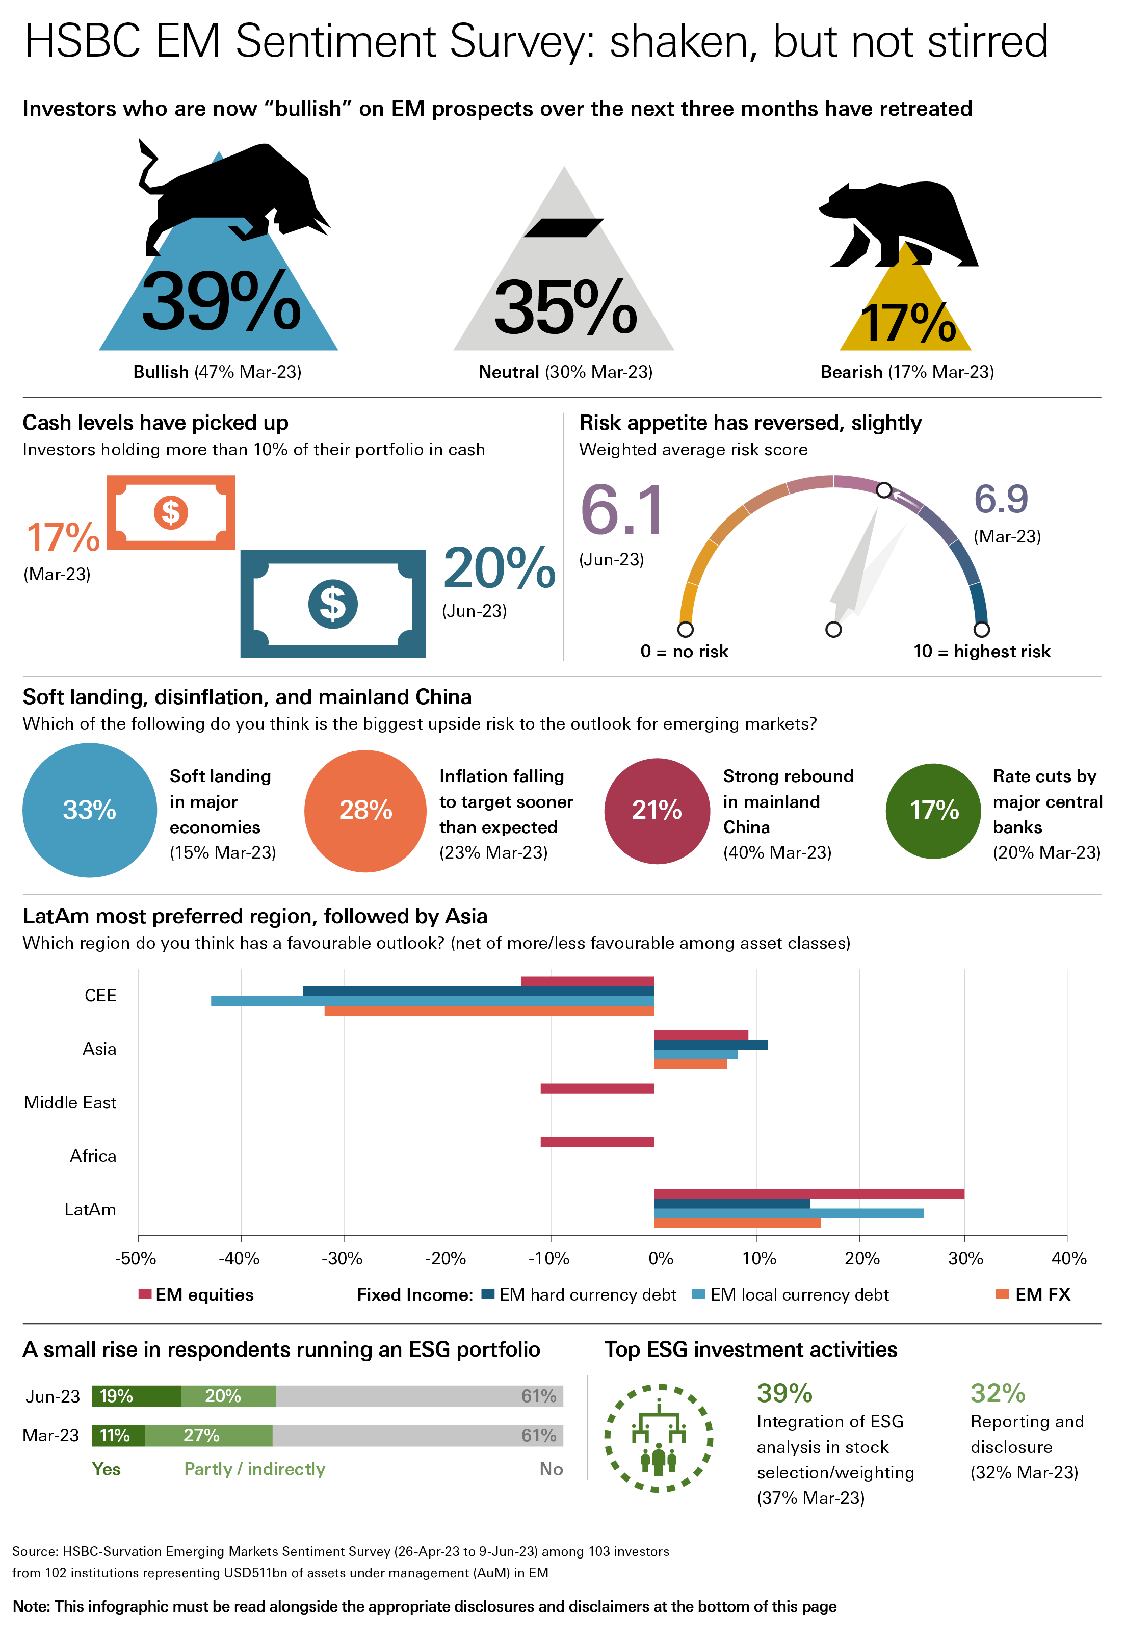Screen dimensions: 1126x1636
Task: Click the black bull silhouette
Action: click(x=233, y=194)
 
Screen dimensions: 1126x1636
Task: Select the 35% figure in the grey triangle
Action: click(x=565, y=307)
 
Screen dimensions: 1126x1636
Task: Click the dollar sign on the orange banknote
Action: click(x=171, y=512)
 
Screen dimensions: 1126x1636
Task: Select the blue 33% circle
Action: click(x=90, y=810)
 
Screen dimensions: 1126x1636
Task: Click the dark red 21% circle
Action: click(x=657, y=811)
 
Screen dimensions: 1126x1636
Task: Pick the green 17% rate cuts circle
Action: click(x=933, y=811)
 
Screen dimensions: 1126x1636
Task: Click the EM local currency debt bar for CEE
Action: click(x=432, y=1000)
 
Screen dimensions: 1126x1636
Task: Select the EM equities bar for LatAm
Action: click(x=809, y=1193)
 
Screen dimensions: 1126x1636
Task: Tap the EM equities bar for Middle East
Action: click(x=597, y=1088)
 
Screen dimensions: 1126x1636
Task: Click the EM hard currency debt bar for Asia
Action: click(x=711, y=1045)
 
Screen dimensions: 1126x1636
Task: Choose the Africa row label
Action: click(x=93, y=1156)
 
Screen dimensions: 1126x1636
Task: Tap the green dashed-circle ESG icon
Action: click(x=658, y=1438)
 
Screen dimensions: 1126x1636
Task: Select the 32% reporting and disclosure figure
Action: click(x=998, y=1393)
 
